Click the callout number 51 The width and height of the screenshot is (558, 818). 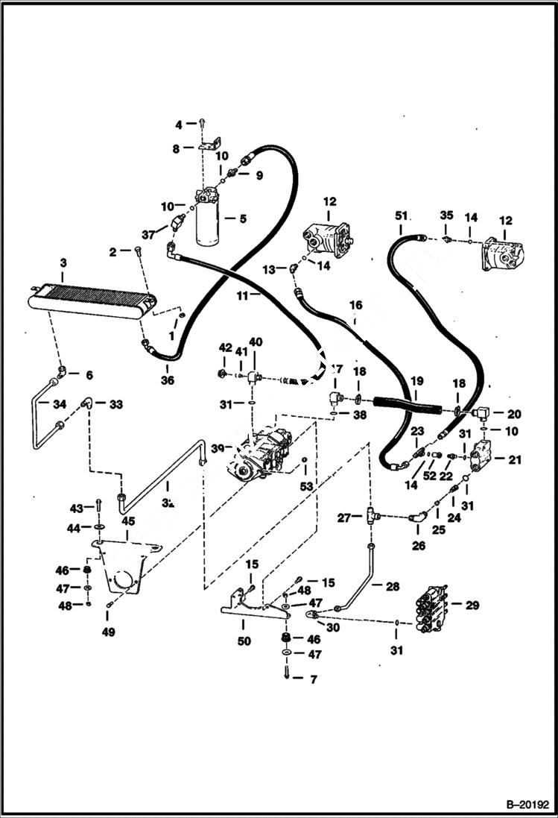(402, 215)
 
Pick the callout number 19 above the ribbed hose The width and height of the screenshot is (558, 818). (416, 380)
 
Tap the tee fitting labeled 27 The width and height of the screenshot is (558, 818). (371, 515)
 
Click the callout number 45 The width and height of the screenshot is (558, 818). (129, 521)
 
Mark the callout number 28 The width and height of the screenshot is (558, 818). (391, 586)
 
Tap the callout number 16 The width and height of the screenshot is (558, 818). (355, 305)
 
